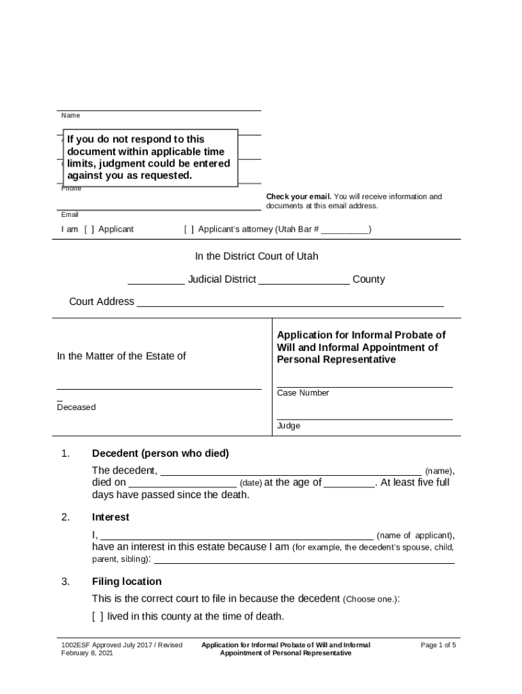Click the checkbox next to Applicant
click(89, 229)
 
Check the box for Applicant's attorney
click(188, 229)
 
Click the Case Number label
click(303, 393)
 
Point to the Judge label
click(288, 426)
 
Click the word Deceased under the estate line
click(76, 407)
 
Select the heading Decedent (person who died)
click(160, 453)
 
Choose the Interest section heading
click(111, 517)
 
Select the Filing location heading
click(127, 581)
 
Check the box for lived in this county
click(98, 617)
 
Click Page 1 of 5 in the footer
click(438, 645)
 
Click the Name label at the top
click(71, 116)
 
